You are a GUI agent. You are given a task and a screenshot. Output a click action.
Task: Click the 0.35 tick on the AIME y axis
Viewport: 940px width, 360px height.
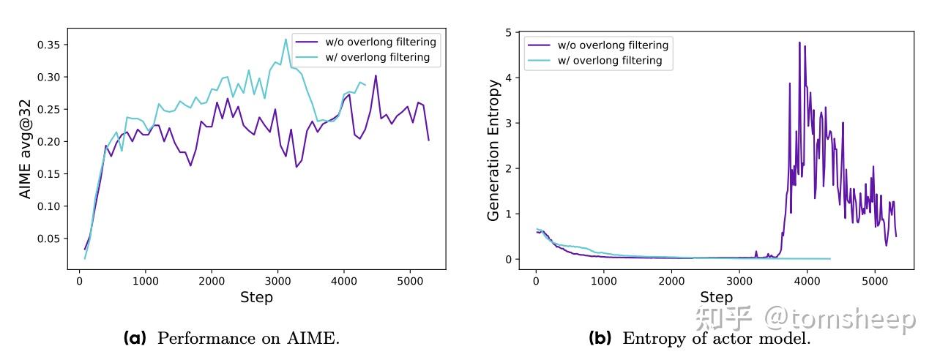click(49, 45)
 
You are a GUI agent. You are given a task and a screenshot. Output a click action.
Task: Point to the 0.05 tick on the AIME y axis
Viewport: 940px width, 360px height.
click(49, 239)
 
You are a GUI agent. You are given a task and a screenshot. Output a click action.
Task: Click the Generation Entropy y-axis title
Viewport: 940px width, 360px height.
click(494, 150)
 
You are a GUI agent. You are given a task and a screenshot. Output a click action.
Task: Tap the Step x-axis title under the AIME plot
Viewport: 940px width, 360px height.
click(256, 297)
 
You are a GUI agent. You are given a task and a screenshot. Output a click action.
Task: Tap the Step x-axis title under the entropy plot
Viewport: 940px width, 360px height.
click(716, 297)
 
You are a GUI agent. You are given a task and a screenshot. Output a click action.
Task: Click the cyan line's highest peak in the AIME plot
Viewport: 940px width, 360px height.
click(286, 40)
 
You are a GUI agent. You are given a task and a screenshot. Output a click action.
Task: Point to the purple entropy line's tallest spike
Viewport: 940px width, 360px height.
click(799, 42)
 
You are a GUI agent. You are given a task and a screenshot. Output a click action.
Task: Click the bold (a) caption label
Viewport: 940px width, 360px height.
click(135, 338)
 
